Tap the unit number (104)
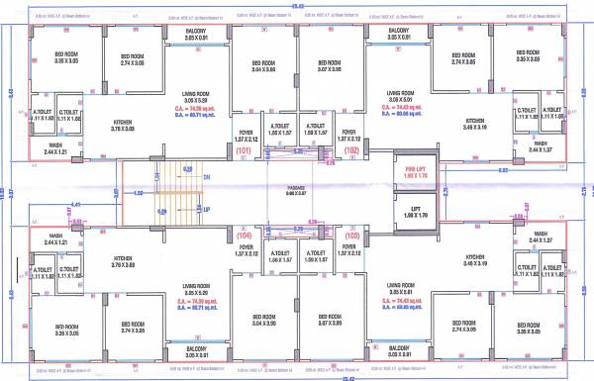[243, 237]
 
